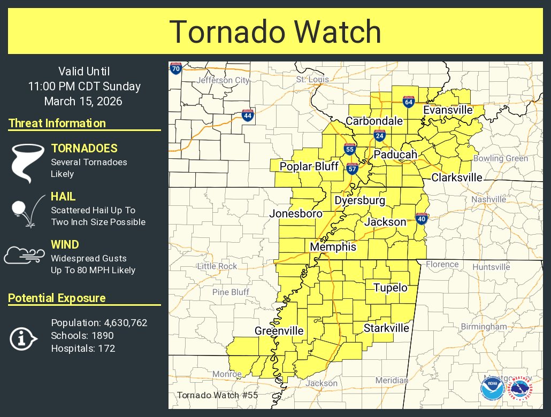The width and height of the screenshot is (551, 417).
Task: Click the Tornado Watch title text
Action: (275, 32)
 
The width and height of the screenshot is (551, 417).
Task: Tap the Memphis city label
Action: (333, 248)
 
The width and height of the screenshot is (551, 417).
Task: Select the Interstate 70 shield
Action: (175, 68)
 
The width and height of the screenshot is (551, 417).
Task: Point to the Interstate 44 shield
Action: (247, 115)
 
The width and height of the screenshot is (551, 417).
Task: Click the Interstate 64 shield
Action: (408, 102)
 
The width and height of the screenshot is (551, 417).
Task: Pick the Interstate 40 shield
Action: (421, 218)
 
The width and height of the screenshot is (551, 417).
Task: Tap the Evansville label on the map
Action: (448, 110)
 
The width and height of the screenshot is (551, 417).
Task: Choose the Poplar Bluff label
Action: (309, 167)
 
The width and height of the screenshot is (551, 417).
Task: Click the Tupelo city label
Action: (390, 288)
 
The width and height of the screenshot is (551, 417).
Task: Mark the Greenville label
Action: (279, 331)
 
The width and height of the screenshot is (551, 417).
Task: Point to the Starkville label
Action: (386, 328)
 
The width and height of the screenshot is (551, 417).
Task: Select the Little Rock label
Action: (217, 266)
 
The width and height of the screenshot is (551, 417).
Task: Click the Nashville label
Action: (488, 199)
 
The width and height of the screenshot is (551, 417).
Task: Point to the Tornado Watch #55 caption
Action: (217, 396)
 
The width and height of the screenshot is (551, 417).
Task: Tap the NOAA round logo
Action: (491, 390)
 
